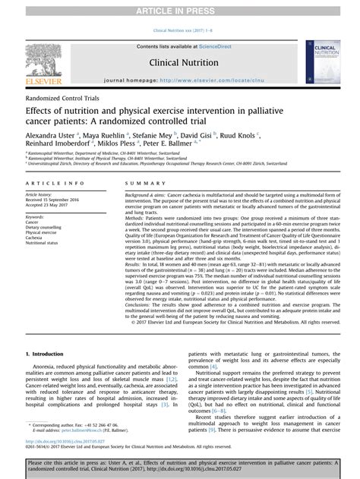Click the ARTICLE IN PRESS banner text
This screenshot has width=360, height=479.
pyautogui.click(x=181, y=8)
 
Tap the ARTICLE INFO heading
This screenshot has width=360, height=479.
pyautogui.click(x=50, y=184)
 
